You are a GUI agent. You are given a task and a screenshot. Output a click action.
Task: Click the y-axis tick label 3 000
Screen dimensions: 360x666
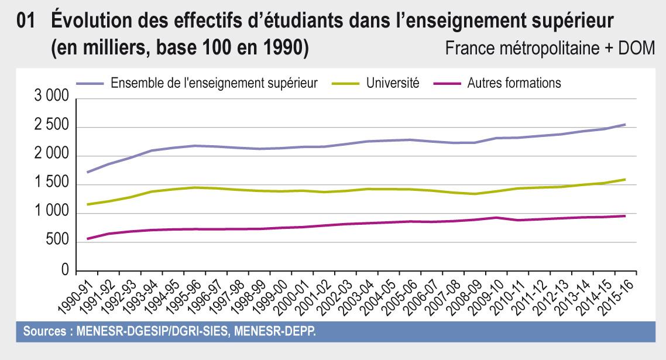(52, 98)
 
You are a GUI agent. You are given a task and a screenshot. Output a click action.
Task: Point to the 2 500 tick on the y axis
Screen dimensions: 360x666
(52, 127)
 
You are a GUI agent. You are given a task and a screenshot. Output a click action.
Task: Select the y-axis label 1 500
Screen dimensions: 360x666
(52, 185)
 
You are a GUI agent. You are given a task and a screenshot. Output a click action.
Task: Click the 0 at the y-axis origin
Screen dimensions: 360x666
(65, 271)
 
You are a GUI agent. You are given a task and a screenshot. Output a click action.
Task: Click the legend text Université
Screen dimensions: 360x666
(393, 83)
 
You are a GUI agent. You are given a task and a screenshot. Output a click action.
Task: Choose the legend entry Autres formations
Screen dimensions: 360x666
(514, 83)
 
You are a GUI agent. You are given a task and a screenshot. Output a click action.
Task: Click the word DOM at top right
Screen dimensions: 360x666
(639, 49)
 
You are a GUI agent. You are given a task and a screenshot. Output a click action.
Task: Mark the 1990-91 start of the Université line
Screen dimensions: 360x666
(87, 204)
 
